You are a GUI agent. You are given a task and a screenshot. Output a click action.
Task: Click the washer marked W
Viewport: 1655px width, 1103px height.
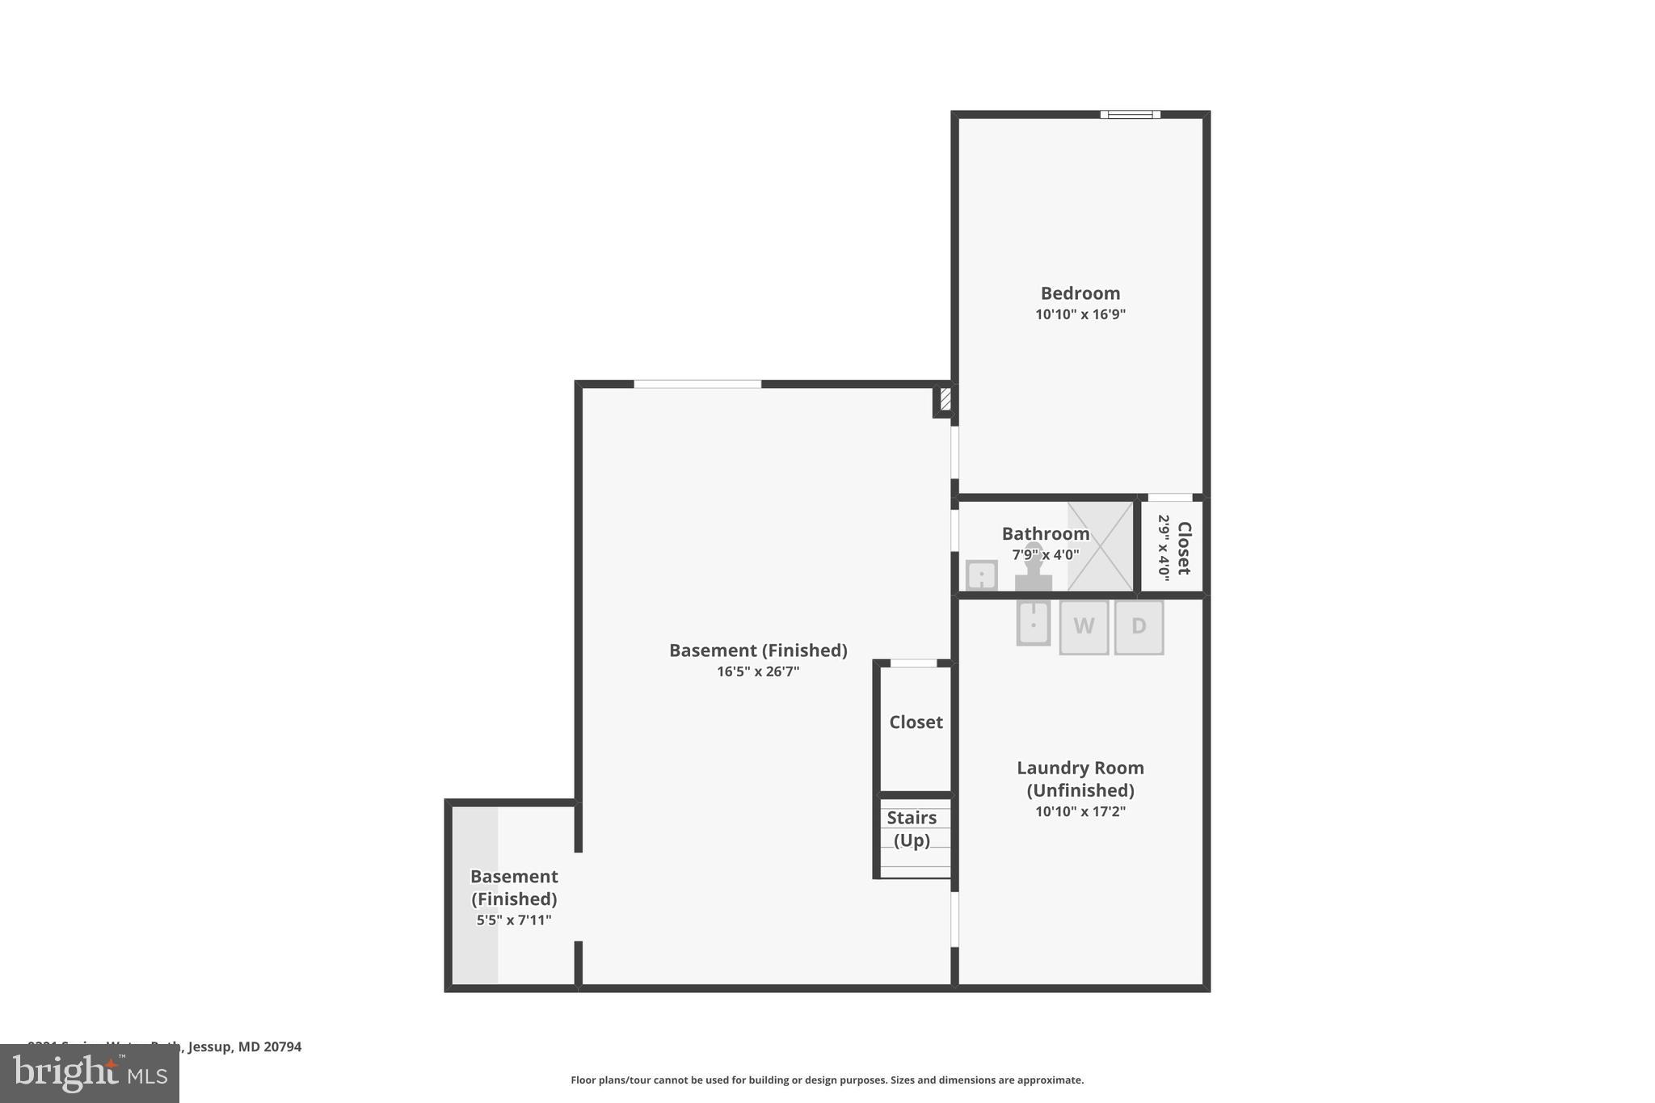1084,626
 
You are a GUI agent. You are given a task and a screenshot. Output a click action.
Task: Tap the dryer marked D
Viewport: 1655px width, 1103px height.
1139,626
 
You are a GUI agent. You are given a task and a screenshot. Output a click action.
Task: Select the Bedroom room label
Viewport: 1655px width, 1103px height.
1080,293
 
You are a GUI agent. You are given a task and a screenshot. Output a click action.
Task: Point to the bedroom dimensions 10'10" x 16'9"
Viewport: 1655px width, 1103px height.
1080,314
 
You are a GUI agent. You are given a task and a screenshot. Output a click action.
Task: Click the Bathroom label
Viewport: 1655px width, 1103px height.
1045,533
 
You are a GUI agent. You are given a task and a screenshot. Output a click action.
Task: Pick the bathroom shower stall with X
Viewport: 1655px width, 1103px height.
1100,546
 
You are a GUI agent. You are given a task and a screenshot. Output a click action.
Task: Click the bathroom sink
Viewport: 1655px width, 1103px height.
982,575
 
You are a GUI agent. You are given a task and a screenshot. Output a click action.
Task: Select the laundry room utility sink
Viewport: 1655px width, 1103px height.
1033,622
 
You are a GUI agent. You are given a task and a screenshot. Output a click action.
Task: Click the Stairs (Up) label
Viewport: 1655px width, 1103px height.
912,829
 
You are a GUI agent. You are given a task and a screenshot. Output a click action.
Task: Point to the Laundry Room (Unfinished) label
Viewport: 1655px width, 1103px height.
1080,779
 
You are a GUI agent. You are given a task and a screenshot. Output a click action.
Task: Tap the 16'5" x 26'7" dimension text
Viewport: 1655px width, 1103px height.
757,671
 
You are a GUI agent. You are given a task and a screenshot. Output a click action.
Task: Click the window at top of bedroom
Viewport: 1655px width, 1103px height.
1130,115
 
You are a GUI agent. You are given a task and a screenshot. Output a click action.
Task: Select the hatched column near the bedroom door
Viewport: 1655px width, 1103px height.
945,400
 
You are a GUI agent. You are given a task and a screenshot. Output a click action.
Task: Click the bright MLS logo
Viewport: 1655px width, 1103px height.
90,1073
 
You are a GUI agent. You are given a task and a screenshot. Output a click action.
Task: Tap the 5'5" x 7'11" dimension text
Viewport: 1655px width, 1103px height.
513,920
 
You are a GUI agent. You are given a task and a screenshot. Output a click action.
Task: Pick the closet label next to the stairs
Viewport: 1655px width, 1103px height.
916,722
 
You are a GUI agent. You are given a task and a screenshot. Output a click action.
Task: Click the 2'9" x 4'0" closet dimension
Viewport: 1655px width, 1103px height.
1164,548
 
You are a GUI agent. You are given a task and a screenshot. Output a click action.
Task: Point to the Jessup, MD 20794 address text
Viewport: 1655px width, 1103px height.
244,1046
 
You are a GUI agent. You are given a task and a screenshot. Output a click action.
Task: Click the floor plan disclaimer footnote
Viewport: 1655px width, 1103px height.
827,1080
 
